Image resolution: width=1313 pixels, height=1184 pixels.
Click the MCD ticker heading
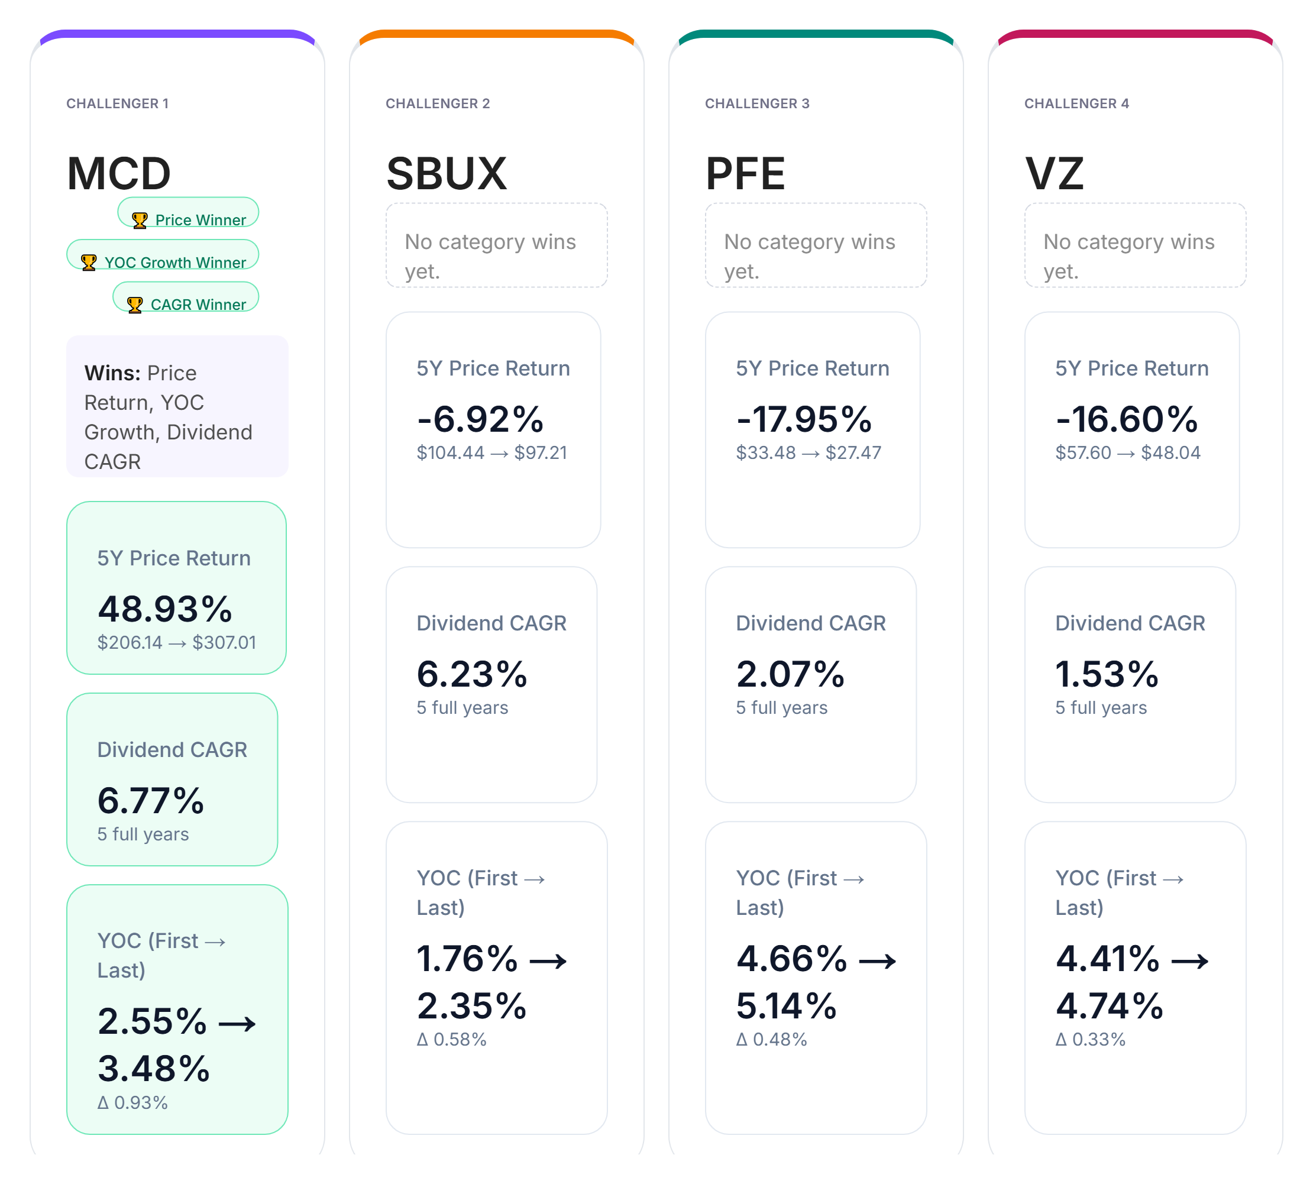118,174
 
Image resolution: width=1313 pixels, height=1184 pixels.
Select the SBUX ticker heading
446,174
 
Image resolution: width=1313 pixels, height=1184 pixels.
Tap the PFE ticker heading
745,174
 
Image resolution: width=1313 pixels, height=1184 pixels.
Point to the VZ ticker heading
1054,174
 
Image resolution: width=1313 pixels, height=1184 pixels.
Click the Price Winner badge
188,213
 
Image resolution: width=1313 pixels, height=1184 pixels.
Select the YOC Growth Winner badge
163,255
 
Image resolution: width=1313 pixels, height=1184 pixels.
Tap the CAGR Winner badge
186,298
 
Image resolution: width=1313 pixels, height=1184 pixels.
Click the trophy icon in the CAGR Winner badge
135,305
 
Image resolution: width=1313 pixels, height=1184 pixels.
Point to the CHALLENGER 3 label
756,103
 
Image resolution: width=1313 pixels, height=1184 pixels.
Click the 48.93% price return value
164,610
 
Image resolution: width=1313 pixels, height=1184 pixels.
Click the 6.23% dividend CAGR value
472,675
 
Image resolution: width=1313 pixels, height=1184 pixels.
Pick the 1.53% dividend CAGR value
1106,675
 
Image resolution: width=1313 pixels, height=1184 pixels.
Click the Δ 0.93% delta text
132,1102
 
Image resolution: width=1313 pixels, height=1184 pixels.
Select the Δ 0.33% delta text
1091,1040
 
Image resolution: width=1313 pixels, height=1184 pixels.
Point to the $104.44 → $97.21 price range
492,453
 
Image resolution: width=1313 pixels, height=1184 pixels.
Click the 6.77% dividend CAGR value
151,801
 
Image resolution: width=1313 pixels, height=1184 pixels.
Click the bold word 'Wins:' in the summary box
112,373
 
